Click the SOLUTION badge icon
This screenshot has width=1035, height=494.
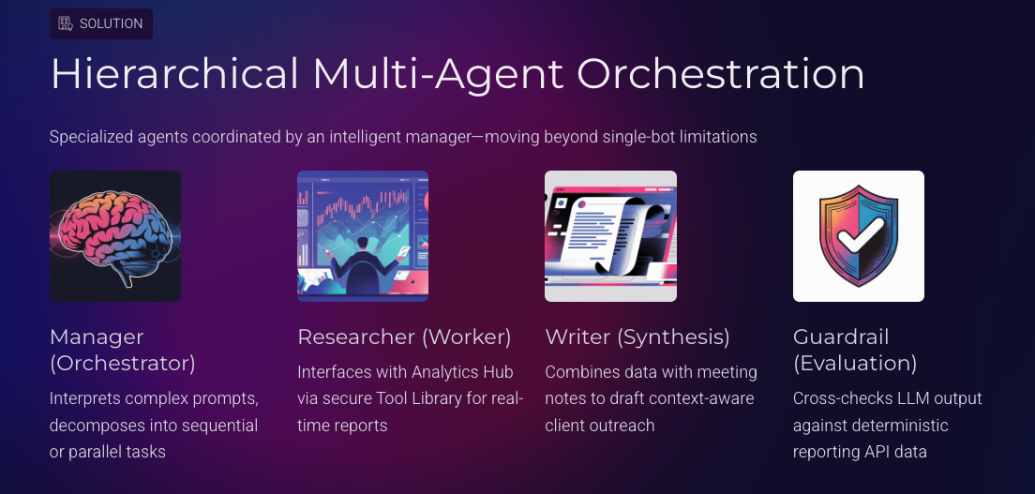tap(66, 23)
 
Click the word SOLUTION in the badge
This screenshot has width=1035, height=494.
tap(111, 23)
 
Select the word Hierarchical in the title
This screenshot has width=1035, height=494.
tap(174, 74)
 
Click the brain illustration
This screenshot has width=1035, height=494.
tap(114, 236)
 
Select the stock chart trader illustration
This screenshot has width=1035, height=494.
tap(362, 236)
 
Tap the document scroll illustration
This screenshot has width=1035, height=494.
tap(610, 236)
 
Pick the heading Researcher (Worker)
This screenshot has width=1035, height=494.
tap(404, 337)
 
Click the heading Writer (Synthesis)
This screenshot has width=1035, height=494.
tap(637, 337)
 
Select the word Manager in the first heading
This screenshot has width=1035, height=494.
tap(97, 337)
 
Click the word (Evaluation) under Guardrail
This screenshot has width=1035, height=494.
tap(854, 363)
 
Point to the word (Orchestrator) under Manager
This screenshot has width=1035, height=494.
tap(122, 363)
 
